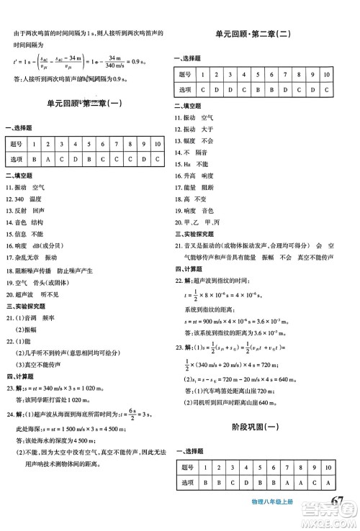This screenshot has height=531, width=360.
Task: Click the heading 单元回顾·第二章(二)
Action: [267, 35]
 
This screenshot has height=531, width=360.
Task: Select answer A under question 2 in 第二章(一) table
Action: [50, 158]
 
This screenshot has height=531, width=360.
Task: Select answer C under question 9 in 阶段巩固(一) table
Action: [312, 481]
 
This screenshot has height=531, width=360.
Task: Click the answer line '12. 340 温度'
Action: [27, 197]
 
